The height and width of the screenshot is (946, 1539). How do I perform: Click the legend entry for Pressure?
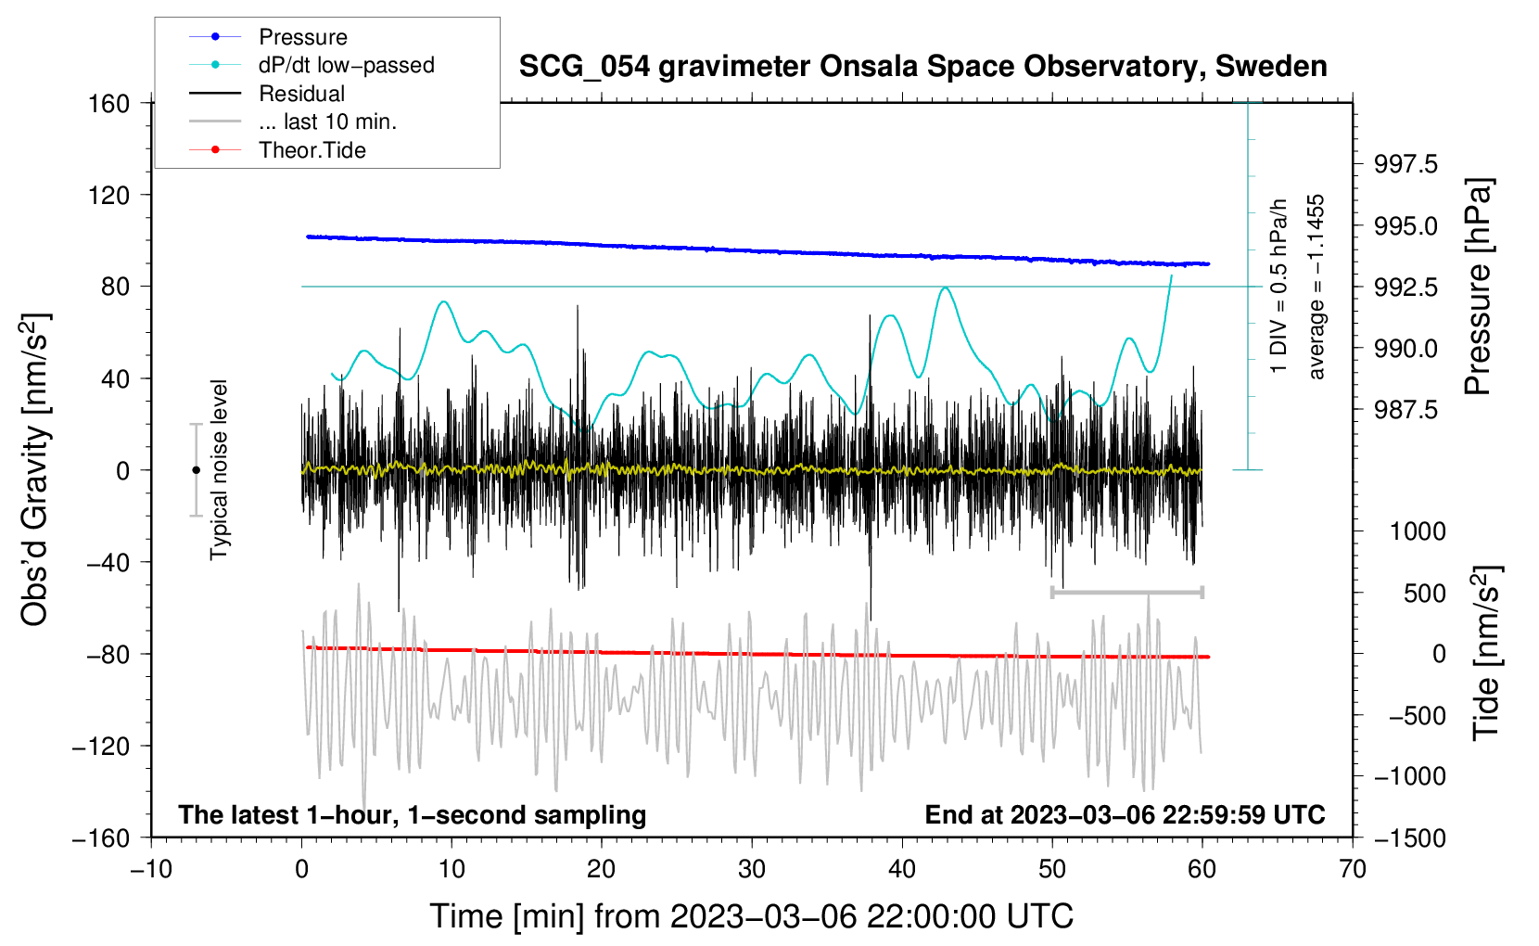pos(269,37)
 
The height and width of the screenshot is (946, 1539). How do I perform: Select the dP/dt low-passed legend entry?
pos(312,65)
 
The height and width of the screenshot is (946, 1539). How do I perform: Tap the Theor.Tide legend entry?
pos(277,150)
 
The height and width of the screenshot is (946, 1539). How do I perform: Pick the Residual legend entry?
pos(267,94)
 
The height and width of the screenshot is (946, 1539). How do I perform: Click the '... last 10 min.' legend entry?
pos(293,121)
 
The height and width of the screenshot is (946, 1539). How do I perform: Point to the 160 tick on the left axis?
pos(109,104)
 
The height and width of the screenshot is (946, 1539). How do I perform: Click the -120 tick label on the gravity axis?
pos(102,746)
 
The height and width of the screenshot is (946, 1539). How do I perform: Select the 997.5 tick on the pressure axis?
pos(1405,164)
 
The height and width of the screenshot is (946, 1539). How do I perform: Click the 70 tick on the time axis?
pos(1352,869)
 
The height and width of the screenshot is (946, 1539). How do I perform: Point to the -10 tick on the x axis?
pos(152,869)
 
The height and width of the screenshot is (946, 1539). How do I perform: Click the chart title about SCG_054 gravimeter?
pos(922,67)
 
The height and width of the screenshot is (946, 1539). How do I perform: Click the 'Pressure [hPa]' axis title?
pos(1478,287)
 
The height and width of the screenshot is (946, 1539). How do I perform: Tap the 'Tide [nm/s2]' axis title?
pos(1487,653)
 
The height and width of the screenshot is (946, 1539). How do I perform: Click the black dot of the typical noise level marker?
pos(196,470)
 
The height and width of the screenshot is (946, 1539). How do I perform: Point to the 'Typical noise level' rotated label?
pos(219,470)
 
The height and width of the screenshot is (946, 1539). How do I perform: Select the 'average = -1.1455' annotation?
pos(1315,287)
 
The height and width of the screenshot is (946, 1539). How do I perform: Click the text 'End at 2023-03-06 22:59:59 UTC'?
pos(1125,814)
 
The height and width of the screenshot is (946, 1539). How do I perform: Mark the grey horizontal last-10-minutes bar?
pos(1126,592)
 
